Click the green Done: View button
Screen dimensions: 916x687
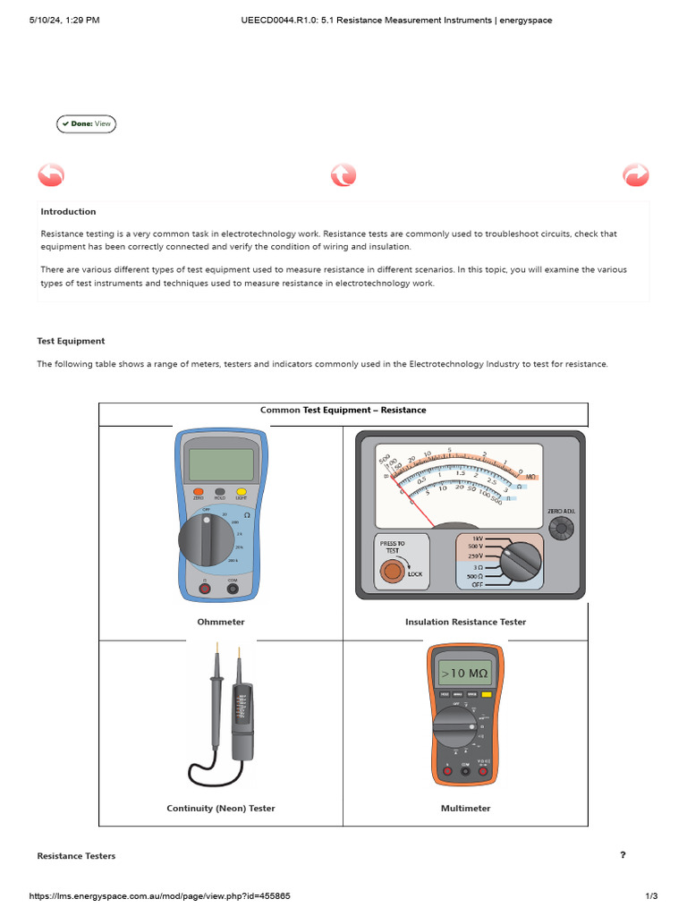pos(86,123)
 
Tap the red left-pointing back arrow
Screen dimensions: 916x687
pos(51,174)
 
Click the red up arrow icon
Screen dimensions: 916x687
pos(343,174)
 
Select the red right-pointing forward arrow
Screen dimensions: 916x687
pos(635,174)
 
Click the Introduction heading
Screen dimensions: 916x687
pos(68,212)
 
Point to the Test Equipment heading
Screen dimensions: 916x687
pos(71,341)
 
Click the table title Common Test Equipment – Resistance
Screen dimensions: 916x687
pos(343,411)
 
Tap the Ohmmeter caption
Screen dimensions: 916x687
pos(221,622)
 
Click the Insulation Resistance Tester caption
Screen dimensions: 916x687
pos(465,622)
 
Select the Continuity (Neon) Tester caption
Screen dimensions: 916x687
pos(221,808)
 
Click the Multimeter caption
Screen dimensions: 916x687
pos(465,808)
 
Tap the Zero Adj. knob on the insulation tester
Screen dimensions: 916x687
pos(562,530)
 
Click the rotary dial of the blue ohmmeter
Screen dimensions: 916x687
pos(207,539)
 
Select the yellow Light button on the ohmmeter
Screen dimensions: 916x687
pos(241,492)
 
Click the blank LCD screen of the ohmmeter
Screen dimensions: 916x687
pos(220,463)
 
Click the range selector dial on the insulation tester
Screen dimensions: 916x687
pos(519,560)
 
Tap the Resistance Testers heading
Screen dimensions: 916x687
pos(76,856)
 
